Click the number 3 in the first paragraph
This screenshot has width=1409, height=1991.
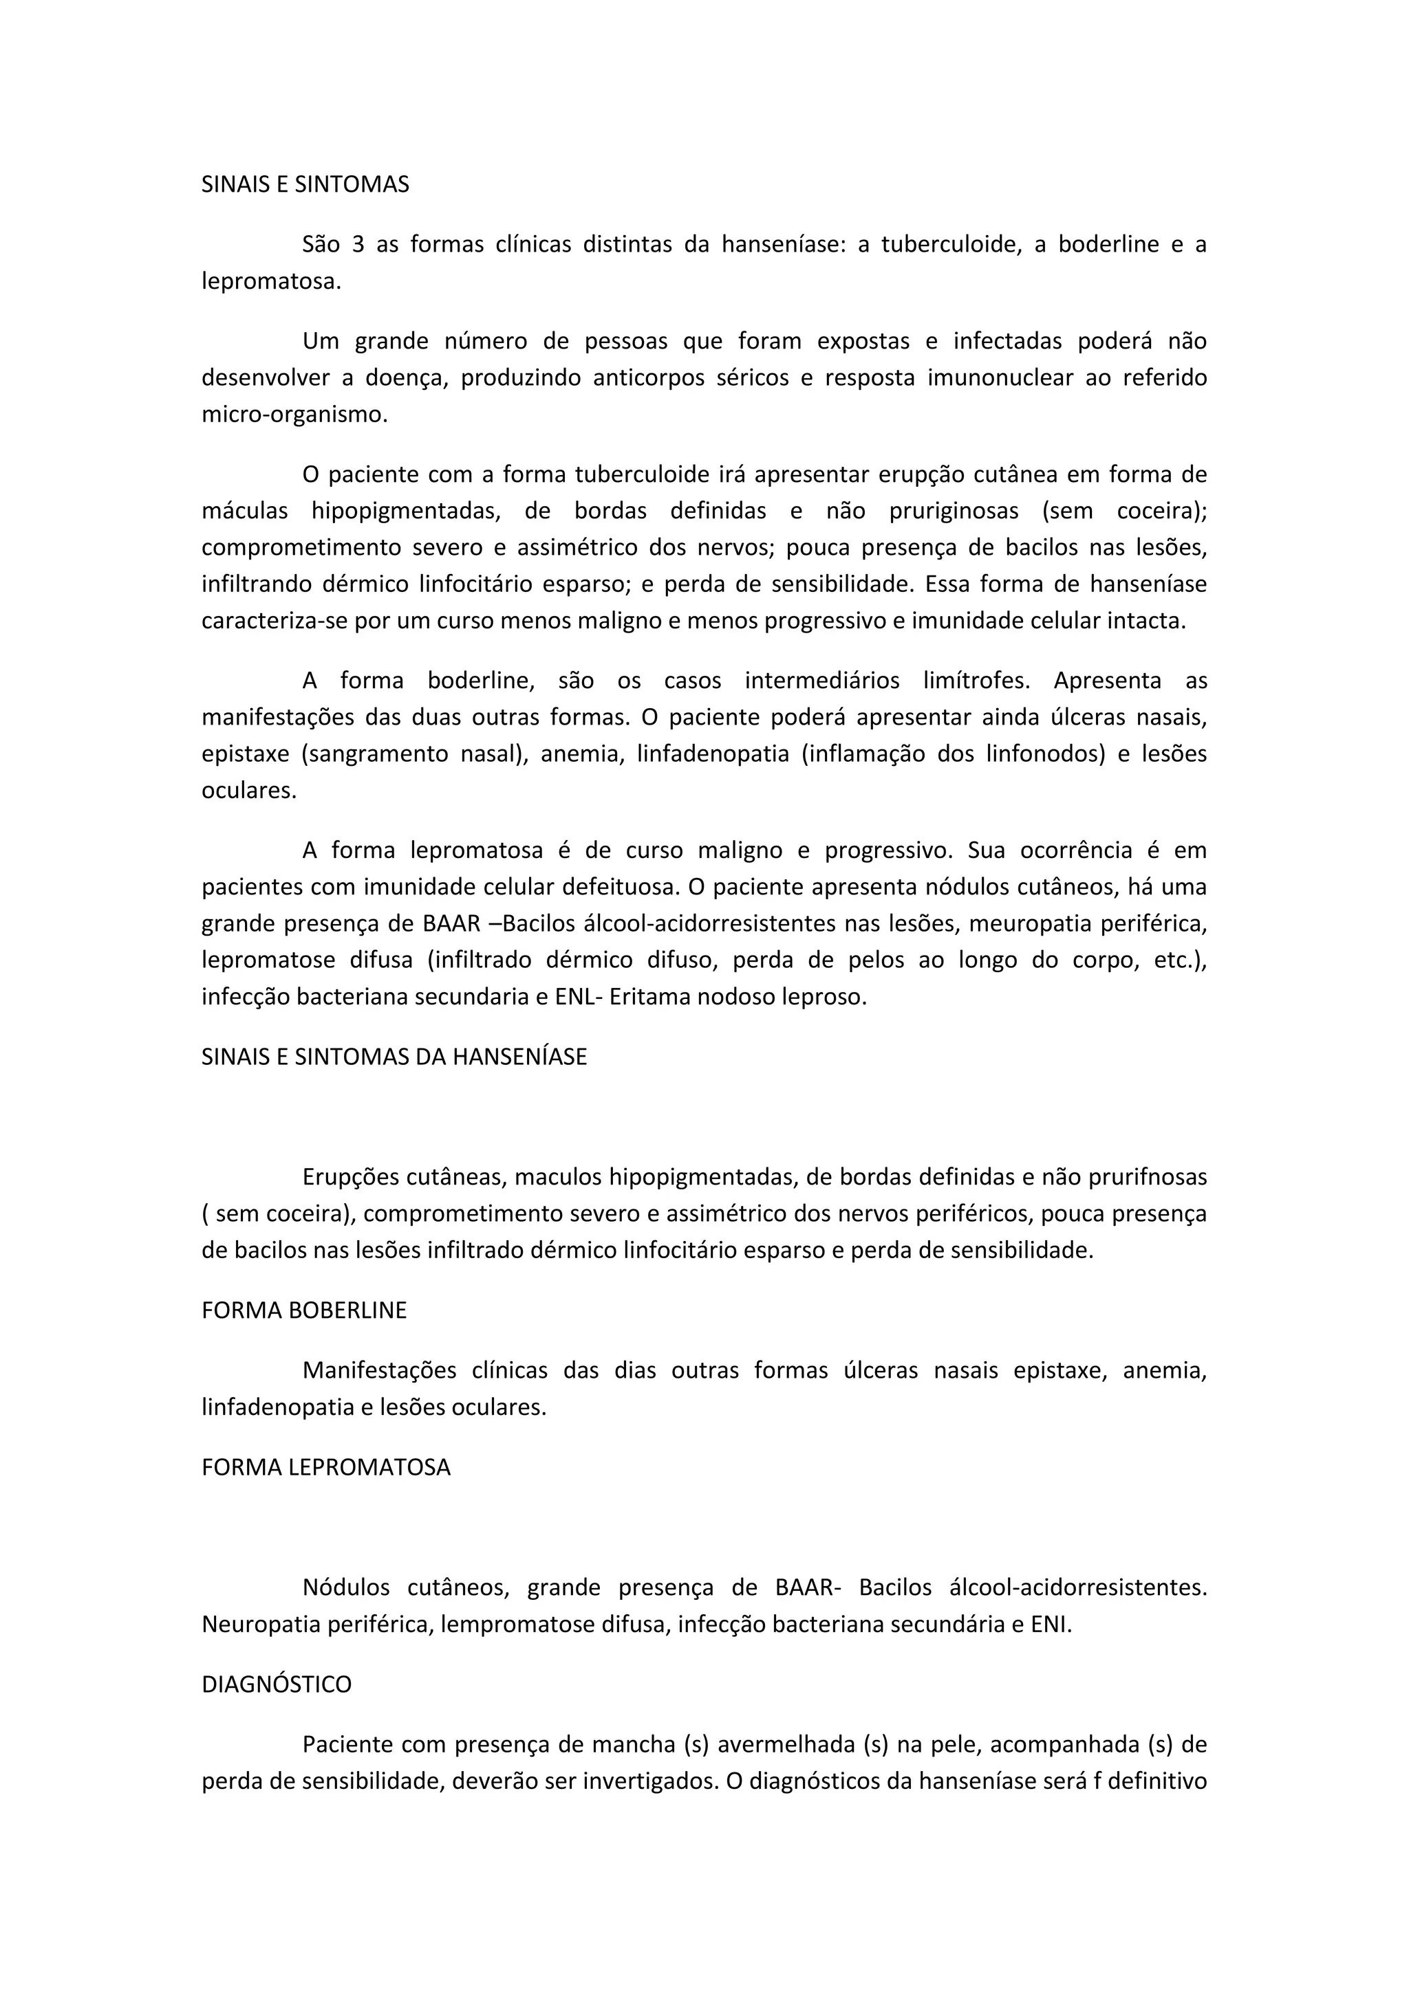[358, 245]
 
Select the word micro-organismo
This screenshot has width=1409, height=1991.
[294, 415]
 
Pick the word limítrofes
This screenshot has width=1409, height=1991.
[976, 681]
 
